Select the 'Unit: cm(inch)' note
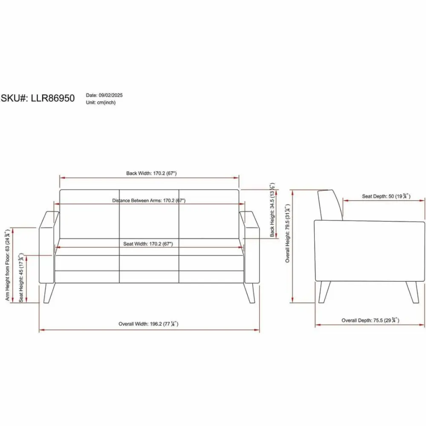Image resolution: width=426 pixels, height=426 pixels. [x=101, y=102]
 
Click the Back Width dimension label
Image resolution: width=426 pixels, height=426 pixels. [x=151, y=173]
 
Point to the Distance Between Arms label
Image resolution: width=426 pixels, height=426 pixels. [x=149, y=201]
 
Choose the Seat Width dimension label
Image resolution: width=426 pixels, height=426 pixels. [x=148, y=244]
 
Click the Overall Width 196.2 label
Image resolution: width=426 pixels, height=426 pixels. [x=148, y=324]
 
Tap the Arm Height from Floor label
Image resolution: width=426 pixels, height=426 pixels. [x=7, y=265]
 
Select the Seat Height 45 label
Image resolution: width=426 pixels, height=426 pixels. [x=21, y=277]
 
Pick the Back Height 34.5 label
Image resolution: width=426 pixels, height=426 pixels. [x=273, y=210]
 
